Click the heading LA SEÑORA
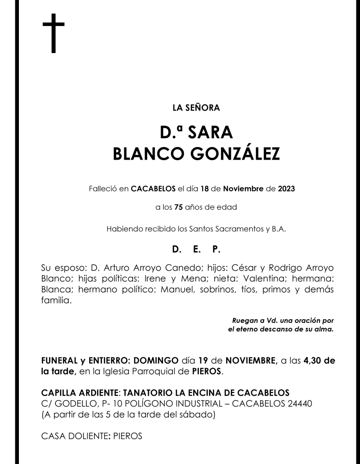[196, 107]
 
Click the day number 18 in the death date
[204, 189]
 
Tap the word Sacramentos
[234, 228]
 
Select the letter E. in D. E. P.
[196, 249]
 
